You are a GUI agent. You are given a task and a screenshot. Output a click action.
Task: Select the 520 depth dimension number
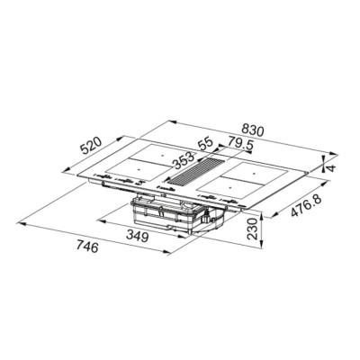click(91, 146)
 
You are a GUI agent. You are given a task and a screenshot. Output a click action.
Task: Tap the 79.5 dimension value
click(239, 143)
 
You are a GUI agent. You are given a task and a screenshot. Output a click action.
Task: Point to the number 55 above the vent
click(205, 145)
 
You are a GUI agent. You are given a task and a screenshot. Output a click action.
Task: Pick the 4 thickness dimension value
click(330, 167)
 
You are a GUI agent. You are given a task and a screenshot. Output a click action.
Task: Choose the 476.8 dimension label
click(307, 206)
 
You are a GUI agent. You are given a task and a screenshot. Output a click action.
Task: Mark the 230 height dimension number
click(253, 229)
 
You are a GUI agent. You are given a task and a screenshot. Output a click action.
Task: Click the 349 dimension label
click(137, 237)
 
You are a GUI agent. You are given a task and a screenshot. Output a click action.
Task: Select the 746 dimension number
click(87, 247)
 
